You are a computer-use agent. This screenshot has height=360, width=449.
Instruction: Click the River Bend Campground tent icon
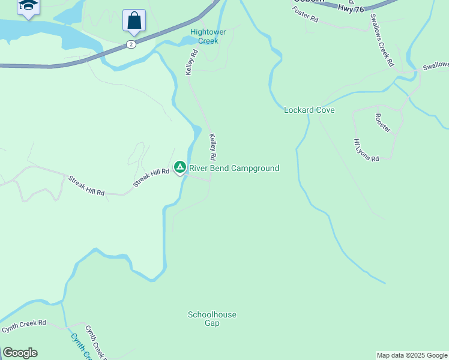[179, 167]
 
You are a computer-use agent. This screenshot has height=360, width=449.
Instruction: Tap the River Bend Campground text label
[234, 169]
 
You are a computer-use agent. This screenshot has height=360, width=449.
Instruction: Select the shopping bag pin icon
[134, 21]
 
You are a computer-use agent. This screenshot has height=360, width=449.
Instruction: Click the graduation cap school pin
[28, 6]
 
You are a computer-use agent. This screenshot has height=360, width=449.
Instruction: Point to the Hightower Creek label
[204, 37]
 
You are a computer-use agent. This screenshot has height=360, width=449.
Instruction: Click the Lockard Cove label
[309, 110]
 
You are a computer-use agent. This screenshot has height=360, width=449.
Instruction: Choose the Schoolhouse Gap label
[212, 319]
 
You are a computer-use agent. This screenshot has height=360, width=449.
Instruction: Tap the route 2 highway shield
[131, 44]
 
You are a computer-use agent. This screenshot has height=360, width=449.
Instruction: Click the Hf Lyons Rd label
[366, 150]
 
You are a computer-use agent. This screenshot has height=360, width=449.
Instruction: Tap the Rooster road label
[382, 122]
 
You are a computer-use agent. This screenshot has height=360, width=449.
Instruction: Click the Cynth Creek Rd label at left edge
[23, 326]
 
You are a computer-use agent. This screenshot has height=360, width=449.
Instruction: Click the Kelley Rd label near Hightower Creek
[191, 62]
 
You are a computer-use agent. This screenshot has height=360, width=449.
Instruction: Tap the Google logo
[20, 353]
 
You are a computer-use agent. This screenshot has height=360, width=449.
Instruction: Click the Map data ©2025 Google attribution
[412, 355]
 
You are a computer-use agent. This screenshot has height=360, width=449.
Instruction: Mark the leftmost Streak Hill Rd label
[86, 185]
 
